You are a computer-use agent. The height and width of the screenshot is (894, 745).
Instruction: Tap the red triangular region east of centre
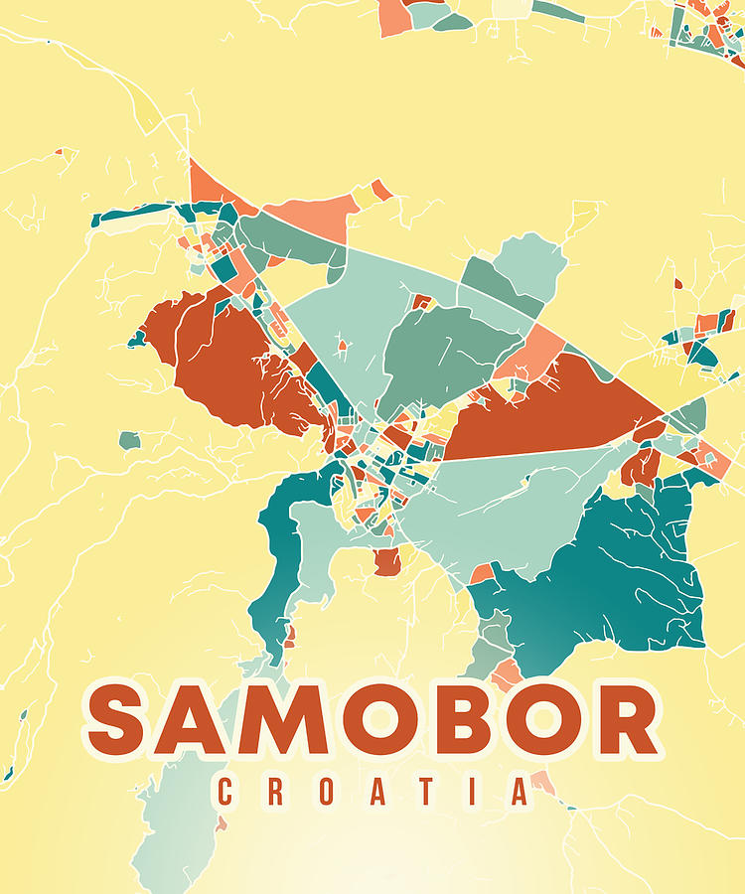click(556, 412)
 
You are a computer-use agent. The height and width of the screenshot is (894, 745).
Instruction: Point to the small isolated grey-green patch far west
click(129, 440)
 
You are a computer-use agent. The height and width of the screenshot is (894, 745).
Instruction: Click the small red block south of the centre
click(387, 563)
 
